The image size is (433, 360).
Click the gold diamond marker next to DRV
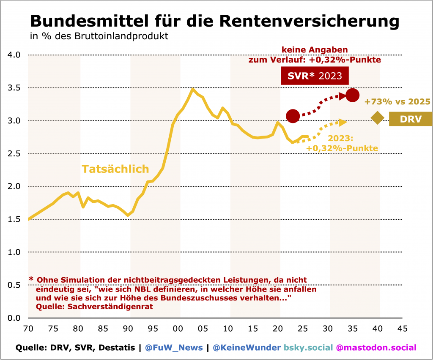(378, 118)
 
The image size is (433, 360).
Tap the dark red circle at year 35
(352, 95)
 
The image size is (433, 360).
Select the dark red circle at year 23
(293, 116)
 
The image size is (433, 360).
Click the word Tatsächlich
(115, 169)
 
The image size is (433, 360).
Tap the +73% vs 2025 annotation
(397, 102)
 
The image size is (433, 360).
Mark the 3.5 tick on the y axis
(14, 88)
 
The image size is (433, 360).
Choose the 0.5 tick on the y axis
(14, 285)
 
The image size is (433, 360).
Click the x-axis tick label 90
(128, 328)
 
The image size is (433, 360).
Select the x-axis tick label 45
(402, 328)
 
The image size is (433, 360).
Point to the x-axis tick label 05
(203, 328)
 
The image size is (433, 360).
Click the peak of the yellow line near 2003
(193, 89)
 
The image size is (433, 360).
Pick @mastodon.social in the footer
(376, 348)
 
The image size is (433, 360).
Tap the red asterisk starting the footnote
(31, 279)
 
